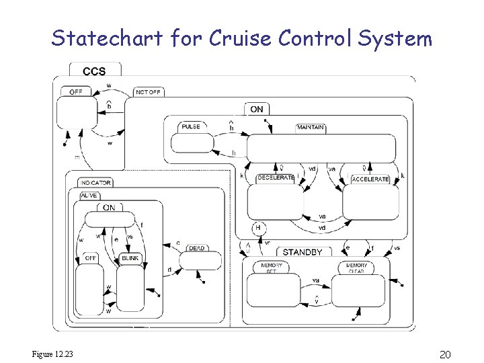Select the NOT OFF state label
point(149,92)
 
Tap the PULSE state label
point(190,126)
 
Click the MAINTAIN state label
point(310,127)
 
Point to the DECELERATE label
point(276,179)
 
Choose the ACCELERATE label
point(370,179)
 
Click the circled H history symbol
point(256,228)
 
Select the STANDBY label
point(302,252)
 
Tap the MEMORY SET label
point(272,268)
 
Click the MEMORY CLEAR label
point(356,268)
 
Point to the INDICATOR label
point(95,183)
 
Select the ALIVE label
point(89,195)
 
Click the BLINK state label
point(130,258)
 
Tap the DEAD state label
point(196,248)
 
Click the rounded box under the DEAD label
point(200,261)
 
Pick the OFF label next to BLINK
point(90,258)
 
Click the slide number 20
point(444,354)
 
